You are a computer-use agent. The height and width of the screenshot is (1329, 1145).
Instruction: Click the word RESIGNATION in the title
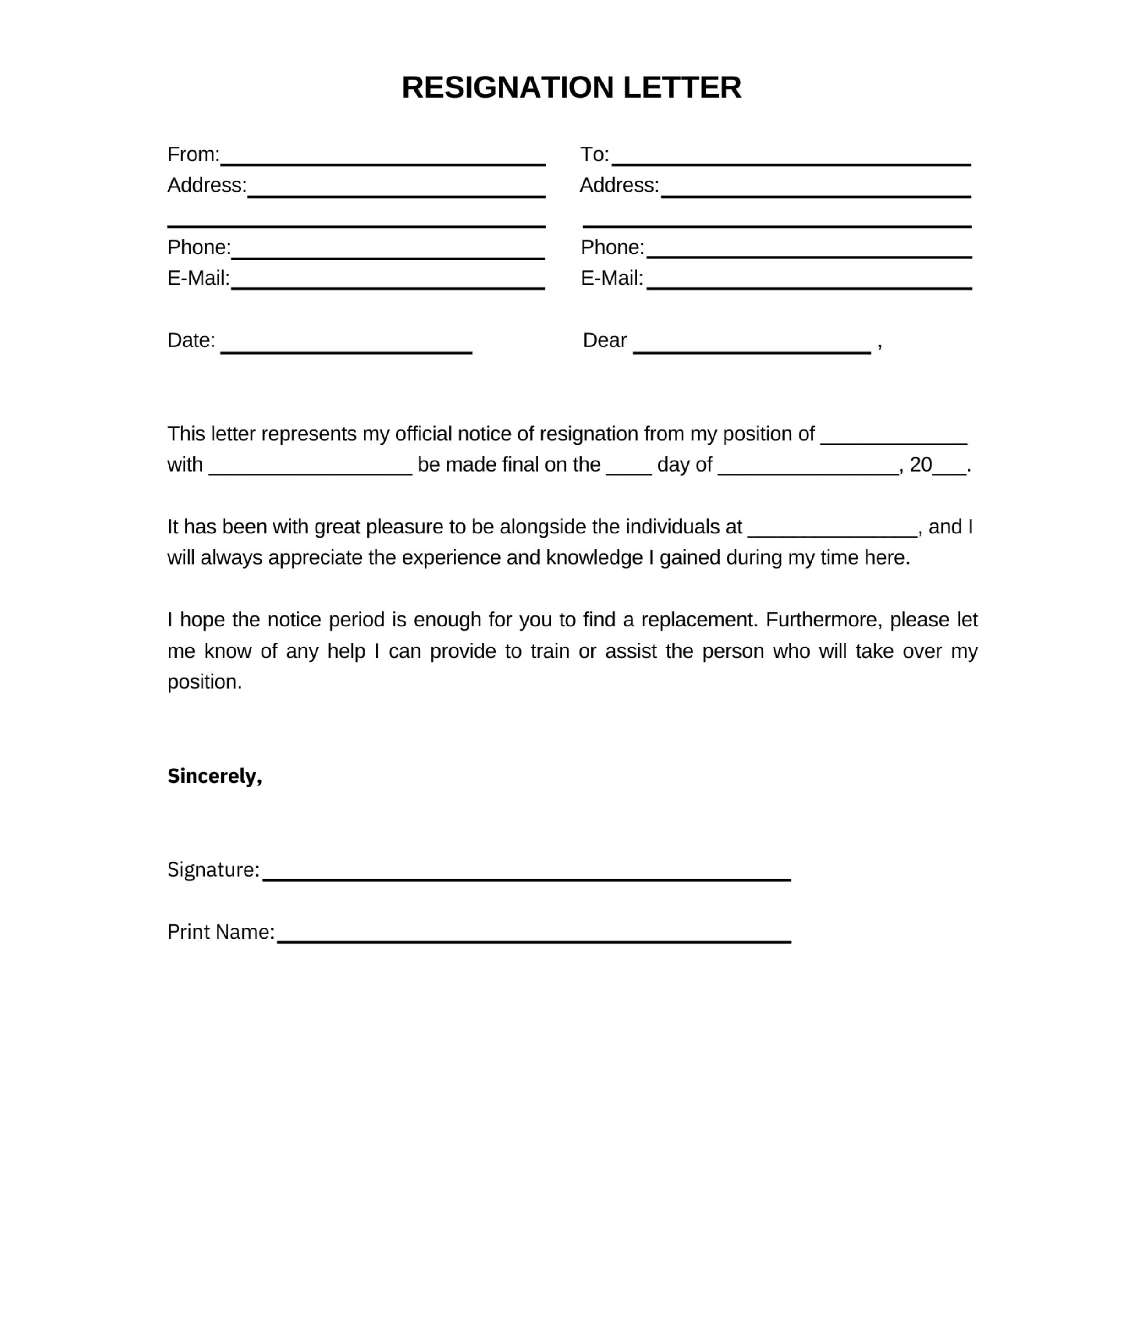tap(508, 87)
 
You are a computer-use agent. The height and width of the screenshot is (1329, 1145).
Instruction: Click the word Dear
tap(604, 340)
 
